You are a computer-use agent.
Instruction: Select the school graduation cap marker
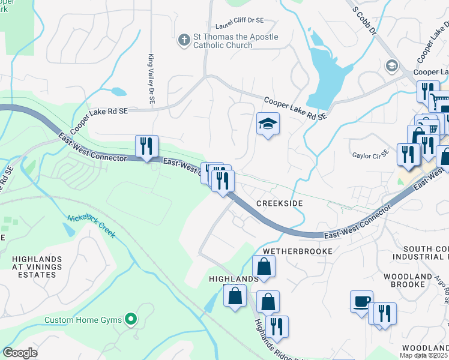[268, 124]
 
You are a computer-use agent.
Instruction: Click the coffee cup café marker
[361, 301]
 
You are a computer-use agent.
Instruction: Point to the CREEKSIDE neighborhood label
[279, 204]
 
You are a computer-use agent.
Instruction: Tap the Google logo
[20, 353]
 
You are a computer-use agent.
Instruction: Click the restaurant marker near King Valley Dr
[146, 146]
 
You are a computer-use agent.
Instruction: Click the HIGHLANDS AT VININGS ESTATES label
[37, 267]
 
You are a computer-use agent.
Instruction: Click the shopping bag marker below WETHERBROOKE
[264, 266]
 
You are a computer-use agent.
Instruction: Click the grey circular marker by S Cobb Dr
[393, 65]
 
